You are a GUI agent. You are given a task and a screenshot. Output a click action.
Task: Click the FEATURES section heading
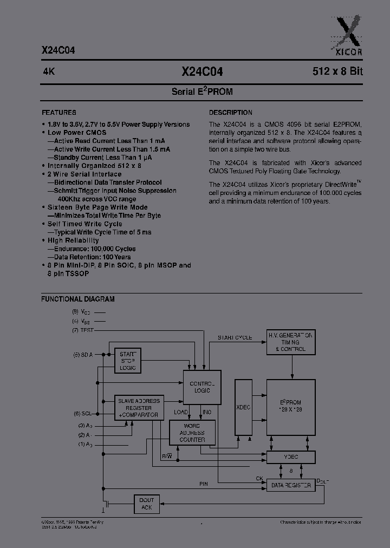pyautogui.click(x=58, y=113)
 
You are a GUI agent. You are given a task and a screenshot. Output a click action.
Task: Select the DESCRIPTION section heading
pyautogui.click(x=231, y=113)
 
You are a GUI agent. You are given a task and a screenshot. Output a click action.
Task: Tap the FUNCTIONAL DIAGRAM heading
pyautogui.click(x=78, y=299)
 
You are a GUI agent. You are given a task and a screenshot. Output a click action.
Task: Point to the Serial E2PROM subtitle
pyautogui.click(x=202, y=92)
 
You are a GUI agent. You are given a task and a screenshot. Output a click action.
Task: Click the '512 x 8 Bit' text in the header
pyautogui.click(x=337, y=71)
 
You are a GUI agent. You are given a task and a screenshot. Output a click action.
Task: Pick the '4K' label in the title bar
pyautogui.click(x=48, y=71)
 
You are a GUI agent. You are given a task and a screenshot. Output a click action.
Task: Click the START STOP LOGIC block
pyautogui.click(x=128, y=361)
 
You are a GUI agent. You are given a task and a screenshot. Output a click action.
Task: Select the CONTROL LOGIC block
pyautogui.click(x=202, y=387)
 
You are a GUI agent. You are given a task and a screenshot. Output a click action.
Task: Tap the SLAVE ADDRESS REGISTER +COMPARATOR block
pyautogui.click(x=139, y=408)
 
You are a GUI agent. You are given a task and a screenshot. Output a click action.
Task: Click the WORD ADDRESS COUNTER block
pyautogui.click(x=192, y=433)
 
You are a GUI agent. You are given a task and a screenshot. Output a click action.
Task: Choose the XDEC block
pyautogui.click(x=243, y=407)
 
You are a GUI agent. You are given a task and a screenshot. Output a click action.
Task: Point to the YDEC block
pyautogui.click(x=290, y=457)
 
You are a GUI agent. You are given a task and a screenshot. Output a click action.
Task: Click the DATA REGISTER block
pyautogui.click(x=290, y=485)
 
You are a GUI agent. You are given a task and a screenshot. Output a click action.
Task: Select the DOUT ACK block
pyautogui.click(x=146, y=504)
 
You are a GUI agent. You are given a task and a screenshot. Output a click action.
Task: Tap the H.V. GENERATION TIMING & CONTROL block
pyautogui.click(x=290, y=342)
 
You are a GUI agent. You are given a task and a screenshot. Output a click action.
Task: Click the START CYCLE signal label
pyautogui.click(x=235, y=338)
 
